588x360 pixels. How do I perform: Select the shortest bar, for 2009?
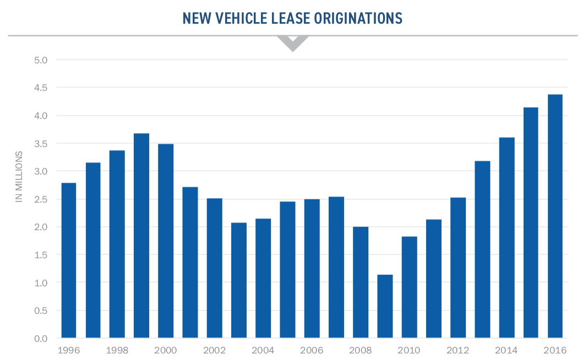coord(385,306)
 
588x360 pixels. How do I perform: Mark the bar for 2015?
coord(531,222)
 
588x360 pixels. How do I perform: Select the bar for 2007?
coord(336,267)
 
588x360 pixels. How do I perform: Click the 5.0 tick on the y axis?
coord(41,59)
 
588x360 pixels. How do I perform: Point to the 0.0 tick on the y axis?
coord(41,339)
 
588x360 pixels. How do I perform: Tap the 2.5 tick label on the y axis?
coord(41,199)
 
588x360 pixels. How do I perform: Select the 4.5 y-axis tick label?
coord(41,88)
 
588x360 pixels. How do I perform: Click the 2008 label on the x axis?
coord(361,350)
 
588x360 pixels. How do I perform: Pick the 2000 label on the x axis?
coord(166,350)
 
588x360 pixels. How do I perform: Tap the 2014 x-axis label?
coord(507,350)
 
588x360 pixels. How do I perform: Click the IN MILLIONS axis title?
coord(19,176)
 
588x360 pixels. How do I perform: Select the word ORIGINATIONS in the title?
coord(358,19)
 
